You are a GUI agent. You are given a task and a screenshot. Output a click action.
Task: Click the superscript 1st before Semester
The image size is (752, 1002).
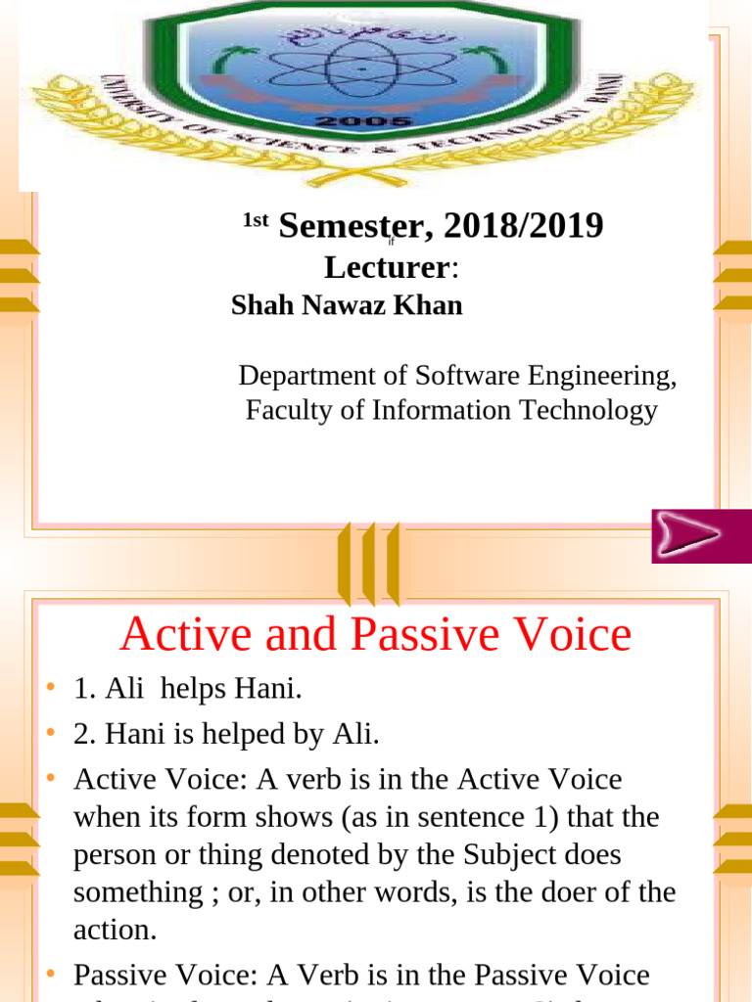255,220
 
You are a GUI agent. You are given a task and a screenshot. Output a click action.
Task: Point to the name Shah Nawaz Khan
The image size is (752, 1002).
347,305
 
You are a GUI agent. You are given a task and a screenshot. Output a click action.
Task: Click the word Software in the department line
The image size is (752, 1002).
470,376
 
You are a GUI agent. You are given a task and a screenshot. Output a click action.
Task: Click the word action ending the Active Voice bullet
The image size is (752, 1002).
115,930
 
